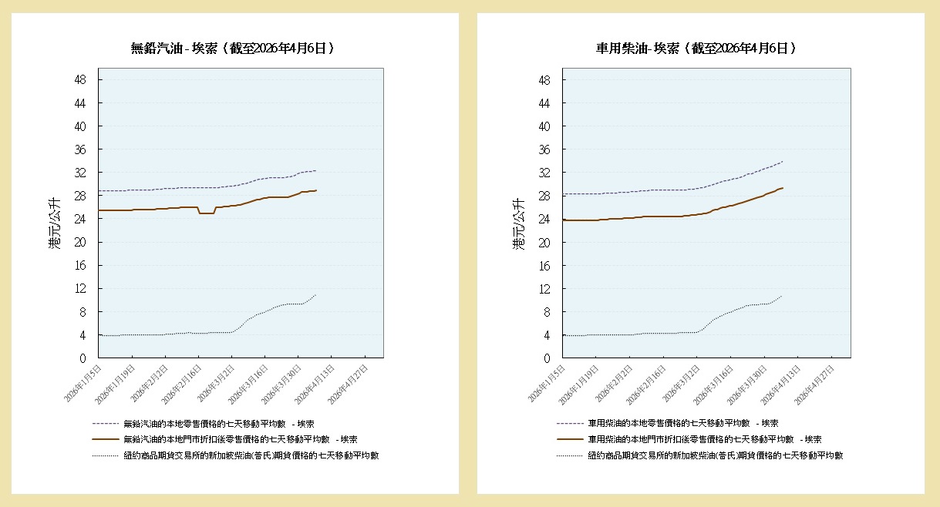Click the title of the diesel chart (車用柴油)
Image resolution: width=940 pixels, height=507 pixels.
[x=696, y=48]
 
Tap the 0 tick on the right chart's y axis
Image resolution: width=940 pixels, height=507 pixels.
[x=554, y=358]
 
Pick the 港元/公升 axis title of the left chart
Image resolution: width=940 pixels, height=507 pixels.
[x=53, y=223]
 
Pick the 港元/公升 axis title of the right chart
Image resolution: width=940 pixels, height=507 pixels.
[x=517, y=223]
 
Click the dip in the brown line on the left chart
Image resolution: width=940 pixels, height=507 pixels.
[x=206, y=213]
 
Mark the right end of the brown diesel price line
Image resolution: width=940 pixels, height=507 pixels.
[x=783, y=188]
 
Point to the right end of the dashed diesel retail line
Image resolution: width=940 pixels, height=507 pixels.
[x=783, y=162]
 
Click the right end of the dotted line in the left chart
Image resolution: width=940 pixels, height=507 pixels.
[x=315, y=295]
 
